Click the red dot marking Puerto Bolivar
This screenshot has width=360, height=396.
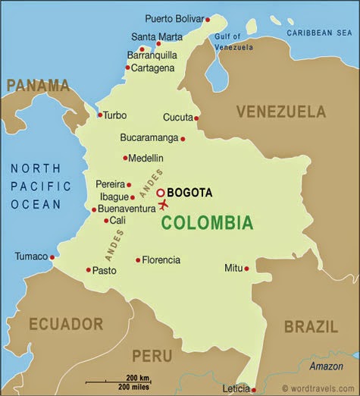(x=208, y=19)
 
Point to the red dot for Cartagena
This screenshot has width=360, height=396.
(x=127, y=68)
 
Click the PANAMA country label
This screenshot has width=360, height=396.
(x=37, y=85)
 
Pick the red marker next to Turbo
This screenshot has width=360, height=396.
(x=99, y=115)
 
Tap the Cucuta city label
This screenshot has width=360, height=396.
(x=178, y=118)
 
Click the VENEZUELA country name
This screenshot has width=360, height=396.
(x=280, y=112)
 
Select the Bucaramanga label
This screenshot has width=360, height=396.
(x=149, y=138)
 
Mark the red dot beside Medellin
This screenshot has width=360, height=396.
(x=125, y=158)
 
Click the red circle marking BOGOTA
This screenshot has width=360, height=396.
(x=161, y=193)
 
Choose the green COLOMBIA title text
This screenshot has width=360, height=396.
(x=206, y=223)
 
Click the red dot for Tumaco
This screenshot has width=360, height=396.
(x=52, y=257)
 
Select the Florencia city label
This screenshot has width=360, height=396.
(x=161, y=260)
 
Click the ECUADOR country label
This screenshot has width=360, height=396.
(x=66, y=325)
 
